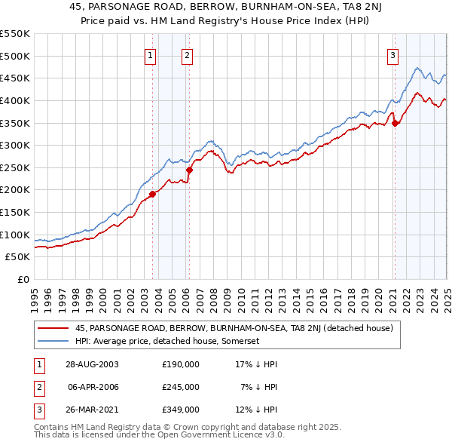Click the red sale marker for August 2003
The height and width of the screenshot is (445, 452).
152,194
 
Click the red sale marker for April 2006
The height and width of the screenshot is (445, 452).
189,170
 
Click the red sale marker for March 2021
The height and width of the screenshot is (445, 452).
395,124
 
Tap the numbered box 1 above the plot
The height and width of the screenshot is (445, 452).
151,54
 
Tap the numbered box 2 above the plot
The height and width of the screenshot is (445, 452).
186,54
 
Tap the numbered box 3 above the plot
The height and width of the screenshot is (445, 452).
392,54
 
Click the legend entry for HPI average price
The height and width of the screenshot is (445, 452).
166,341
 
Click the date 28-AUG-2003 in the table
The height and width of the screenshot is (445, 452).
92,364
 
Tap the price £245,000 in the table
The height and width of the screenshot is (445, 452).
181,387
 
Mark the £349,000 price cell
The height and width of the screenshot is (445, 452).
181,410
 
